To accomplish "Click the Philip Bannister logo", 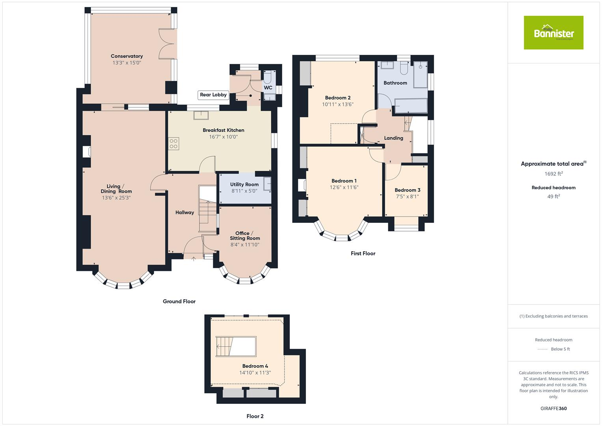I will point(554,33).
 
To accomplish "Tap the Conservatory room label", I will point(127,56).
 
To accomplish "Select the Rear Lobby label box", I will point(213,95).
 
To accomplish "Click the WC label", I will point(268,88).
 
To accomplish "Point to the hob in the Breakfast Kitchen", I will point(174,143).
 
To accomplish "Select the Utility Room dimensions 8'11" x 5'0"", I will point(244,191).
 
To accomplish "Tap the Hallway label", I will point(185,212).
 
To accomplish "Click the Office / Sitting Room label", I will point(245,235).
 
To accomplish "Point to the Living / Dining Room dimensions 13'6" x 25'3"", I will point(116,198).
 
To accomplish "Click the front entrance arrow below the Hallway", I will point(194,259).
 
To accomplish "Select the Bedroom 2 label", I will point(337,98).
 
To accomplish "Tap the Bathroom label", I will point(395,83).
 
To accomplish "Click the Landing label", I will point(393,138).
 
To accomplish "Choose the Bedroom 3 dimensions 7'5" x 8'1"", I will point(407,196).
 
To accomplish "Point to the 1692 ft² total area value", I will point(554,174).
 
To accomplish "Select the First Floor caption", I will point(363,253).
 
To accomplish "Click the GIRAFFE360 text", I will point(554,408).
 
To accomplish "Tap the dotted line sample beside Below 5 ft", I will point(543,349).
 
